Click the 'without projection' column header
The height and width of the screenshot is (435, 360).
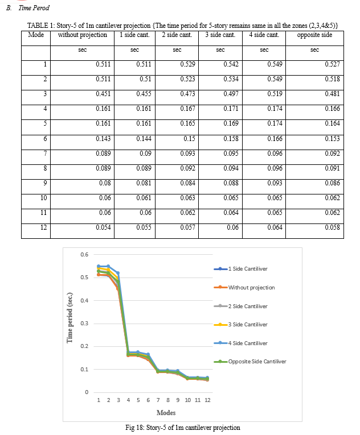point(82,35)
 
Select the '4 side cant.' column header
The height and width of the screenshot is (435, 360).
point(264,35)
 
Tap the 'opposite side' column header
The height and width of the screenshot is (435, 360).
point(314,35)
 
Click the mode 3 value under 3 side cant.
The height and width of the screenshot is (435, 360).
point(231,94)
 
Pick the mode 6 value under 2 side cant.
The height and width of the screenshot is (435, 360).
point(189,138)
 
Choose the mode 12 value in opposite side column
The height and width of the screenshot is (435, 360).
point(333,227)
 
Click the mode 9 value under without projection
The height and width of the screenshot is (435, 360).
point(105,183)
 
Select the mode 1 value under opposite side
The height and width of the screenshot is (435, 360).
point(333,64)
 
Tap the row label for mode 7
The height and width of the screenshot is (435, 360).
point(45,153)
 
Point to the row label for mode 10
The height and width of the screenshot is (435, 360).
point(44,198)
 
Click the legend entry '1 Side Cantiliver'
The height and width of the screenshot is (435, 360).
point(241,269)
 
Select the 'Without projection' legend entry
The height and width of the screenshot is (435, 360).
point(244,287)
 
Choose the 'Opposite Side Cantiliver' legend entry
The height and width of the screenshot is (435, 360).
point(250,362)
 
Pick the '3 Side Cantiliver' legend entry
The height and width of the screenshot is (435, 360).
point(241,325)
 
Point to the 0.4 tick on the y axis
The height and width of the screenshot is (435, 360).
point(84,300)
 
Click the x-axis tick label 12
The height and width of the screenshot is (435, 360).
point(207,400)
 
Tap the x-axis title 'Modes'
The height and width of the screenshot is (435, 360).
point(166,413)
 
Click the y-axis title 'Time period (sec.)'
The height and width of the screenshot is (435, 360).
point(69,318)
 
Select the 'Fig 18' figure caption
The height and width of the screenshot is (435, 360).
point(183,428)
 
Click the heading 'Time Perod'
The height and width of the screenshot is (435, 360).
point(34,8)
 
